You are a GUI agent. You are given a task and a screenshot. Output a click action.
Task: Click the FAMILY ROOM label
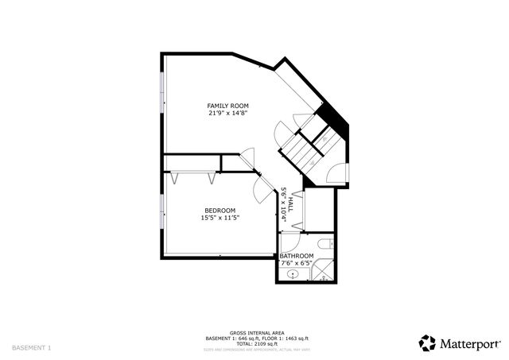(x=228, y=106)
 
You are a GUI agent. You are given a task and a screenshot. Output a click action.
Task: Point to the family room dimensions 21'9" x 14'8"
(x=228, y=113)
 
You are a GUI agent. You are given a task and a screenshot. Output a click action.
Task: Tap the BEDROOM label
(x=220, y=210)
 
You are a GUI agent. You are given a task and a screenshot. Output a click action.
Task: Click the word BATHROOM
(x=297, y=256)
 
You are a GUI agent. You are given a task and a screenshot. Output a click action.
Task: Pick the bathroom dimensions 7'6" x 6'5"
(x=297, y=263)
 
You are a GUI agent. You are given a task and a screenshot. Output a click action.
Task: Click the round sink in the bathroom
(x=294, y=275)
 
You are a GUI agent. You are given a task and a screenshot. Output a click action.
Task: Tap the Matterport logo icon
(x=428, y=343)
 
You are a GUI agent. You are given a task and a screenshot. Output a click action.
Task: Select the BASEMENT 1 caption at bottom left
(x=32, y=347)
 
